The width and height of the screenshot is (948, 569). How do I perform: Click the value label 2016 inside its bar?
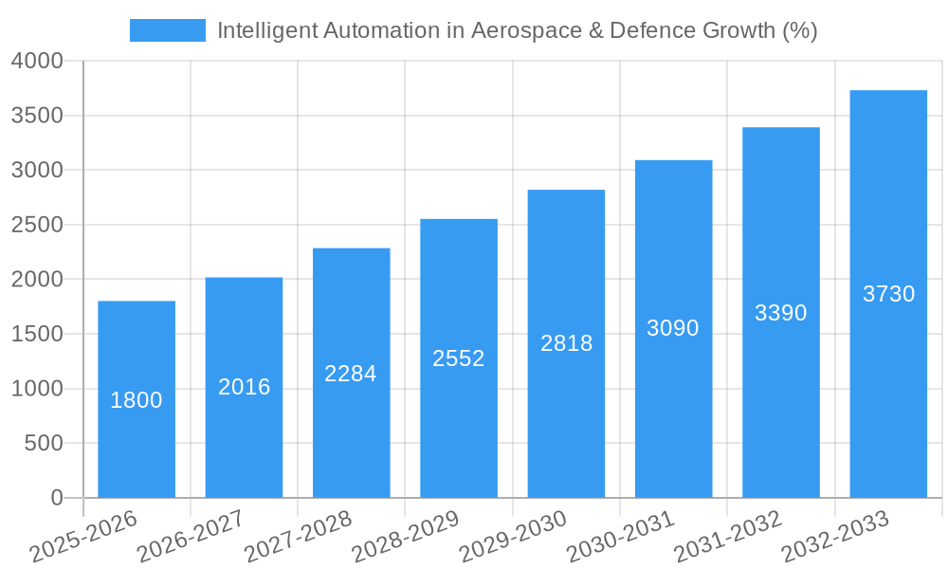tap(245, 387)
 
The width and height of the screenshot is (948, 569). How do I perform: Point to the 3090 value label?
tap(673, 328)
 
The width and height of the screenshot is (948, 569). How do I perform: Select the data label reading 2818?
tap(567, 343)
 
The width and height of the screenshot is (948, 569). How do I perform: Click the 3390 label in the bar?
tap(781, 313)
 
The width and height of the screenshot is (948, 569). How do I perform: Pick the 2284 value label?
tap(351, 374)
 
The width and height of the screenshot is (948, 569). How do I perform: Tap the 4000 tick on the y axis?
tap(37, 61)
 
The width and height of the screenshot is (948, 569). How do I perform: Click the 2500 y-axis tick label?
tap(37, 225)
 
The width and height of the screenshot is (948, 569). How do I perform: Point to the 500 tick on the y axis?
tap(44, 443)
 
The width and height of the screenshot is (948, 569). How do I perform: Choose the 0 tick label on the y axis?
tap(56, 498)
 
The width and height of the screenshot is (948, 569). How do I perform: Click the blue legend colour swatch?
tap(168, 30)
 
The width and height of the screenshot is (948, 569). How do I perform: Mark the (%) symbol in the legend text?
tap(800, 30)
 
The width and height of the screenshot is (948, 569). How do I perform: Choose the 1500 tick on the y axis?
tap(37, 334)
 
